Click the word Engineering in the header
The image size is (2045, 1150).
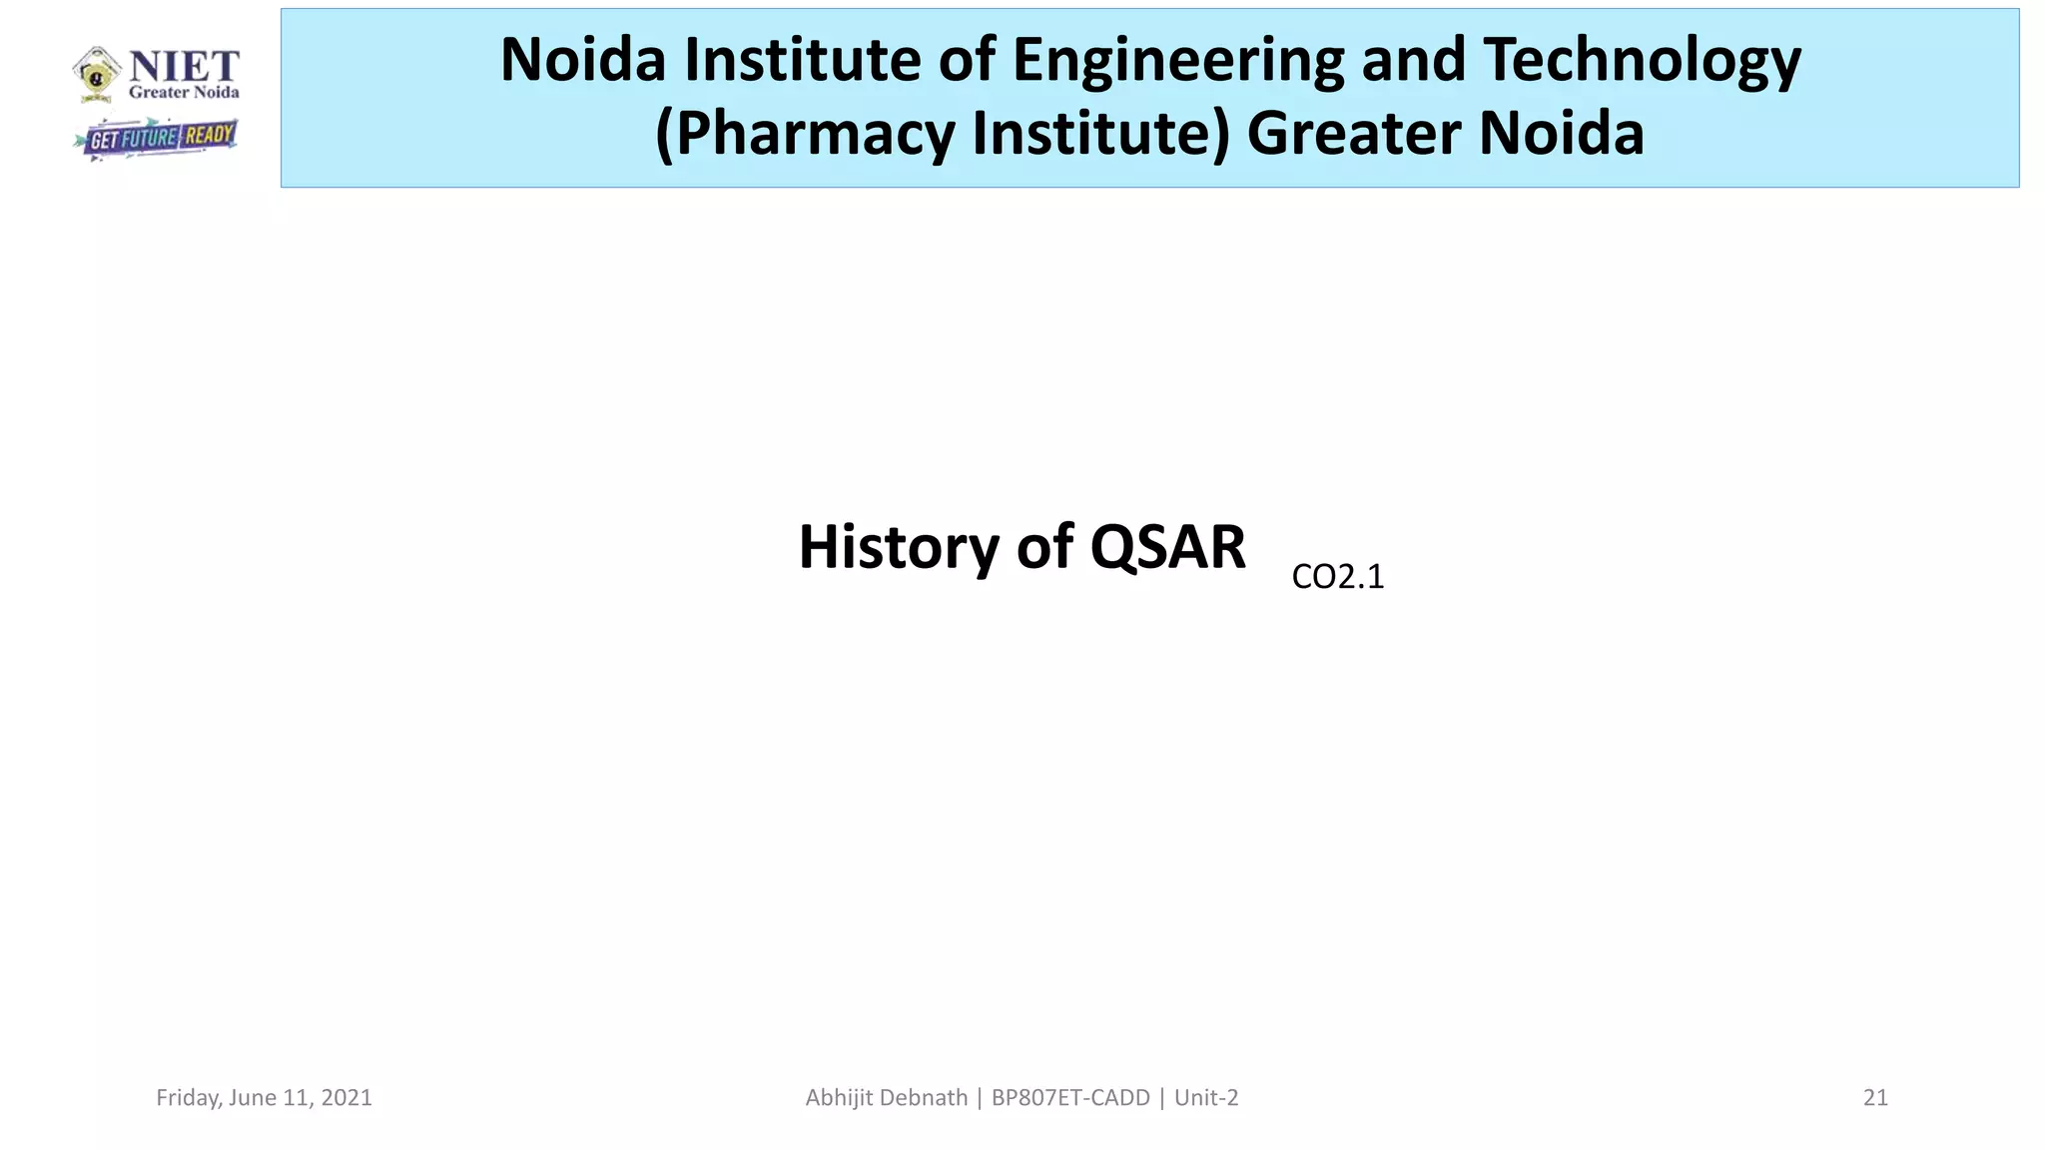click(x=1178, y=60)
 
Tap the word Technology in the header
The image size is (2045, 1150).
click(x=1642, y=60)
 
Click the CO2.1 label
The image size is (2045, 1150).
click(x=1337, y=577)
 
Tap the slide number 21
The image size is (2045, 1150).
click(x=1875, y=1098)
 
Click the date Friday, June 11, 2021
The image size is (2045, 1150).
click(x=264, y=1098)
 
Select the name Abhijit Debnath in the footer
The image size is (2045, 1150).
click(x=886, y=1098)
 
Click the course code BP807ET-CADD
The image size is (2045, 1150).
click(x=1070, y=1098)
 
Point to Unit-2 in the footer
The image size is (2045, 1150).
click(x=1206, y=1098)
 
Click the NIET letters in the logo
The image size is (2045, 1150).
click(x=184, y=67)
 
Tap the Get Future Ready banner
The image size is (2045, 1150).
click(x=157, y=138)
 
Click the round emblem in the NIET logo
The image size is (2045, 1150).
click(x=97, y=73)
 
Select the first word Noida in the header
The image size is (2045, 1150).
click(x=582, y=60)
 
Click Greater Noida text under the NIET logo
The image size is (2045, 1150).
click(x=184, y=93)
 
